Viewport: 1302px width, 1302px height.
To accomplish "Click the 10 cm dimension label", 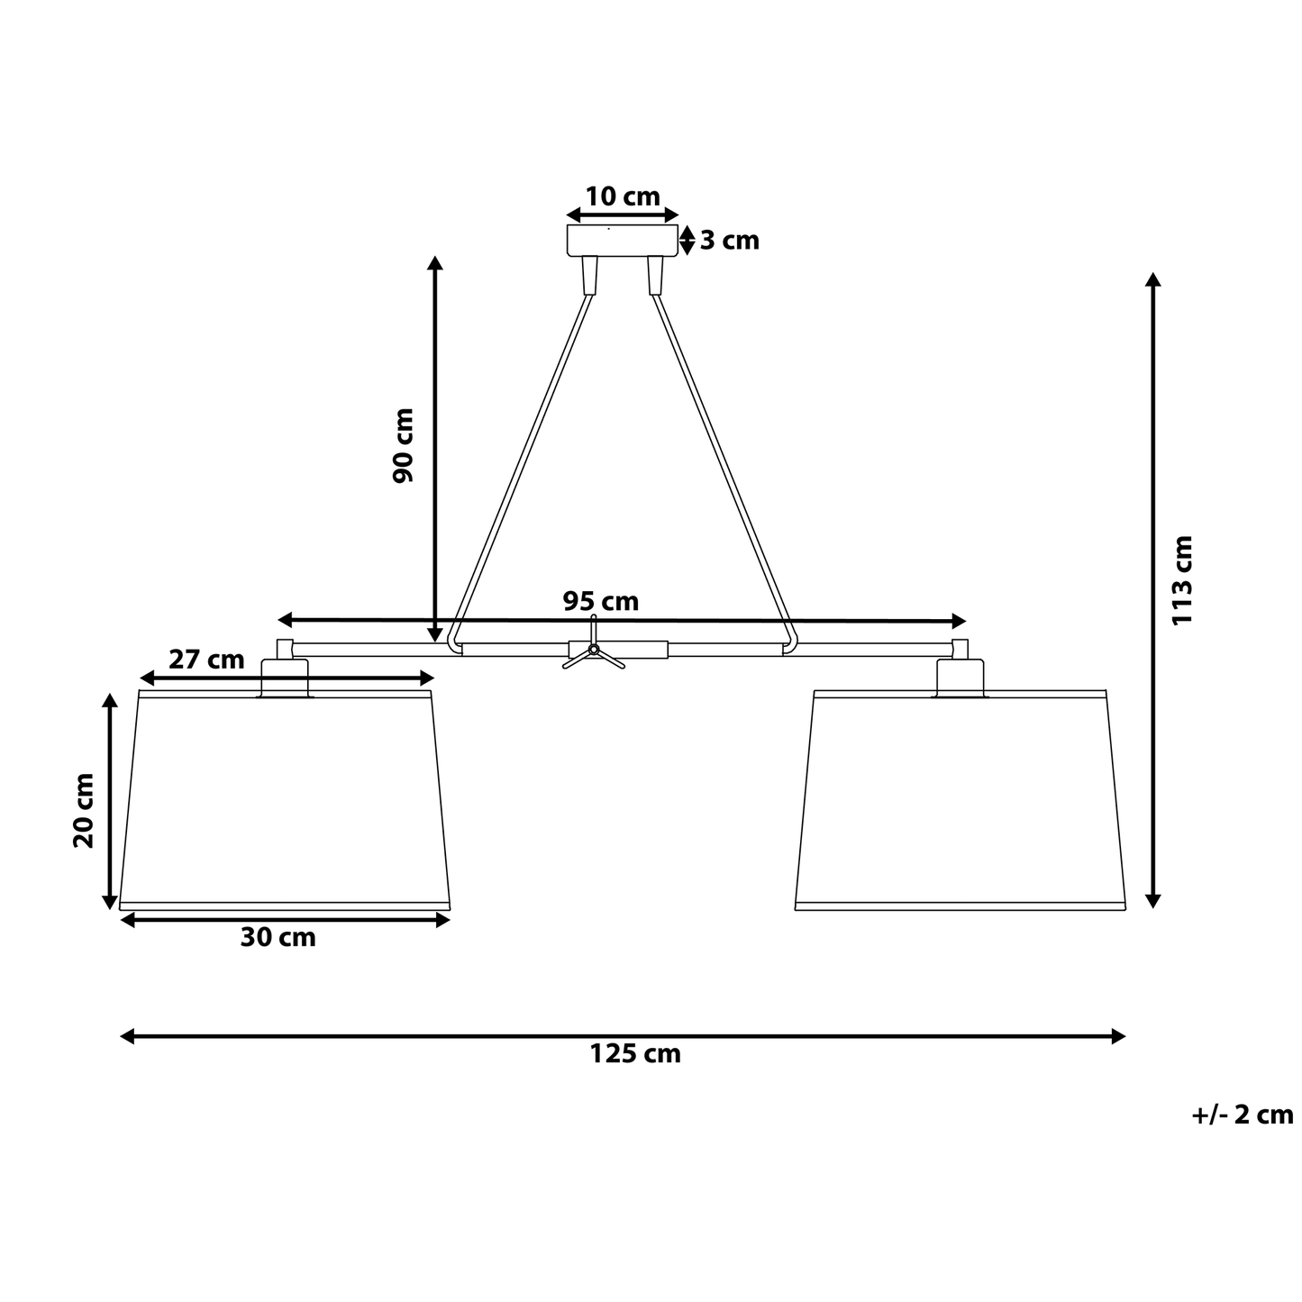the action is click(x=623, y=196).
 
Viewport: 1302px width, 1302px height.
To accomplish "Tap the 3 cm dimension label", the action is click(x=729, y=241).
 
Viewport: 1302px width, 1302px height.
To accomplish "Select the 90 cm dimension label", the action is click(x=404, y=446).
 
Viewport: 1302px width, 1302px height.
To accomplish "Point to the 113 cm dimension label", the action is click(x=1183, y=579).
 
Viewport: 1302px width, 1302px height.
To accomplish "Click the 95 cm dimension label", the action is click(x=601, y=601).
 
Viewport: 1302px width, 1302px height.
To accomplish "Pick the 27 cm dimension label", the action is click(x=206, y=660).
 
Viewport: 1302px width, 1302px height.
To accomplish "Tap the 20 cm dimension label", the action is click(x=84, y=811).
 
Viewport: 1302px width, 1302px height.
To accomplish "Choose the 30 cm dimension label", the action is click(x=278, y=937).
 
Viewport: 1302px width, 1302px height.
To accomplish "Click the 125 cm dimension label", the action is click(x=635, y=1053).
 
